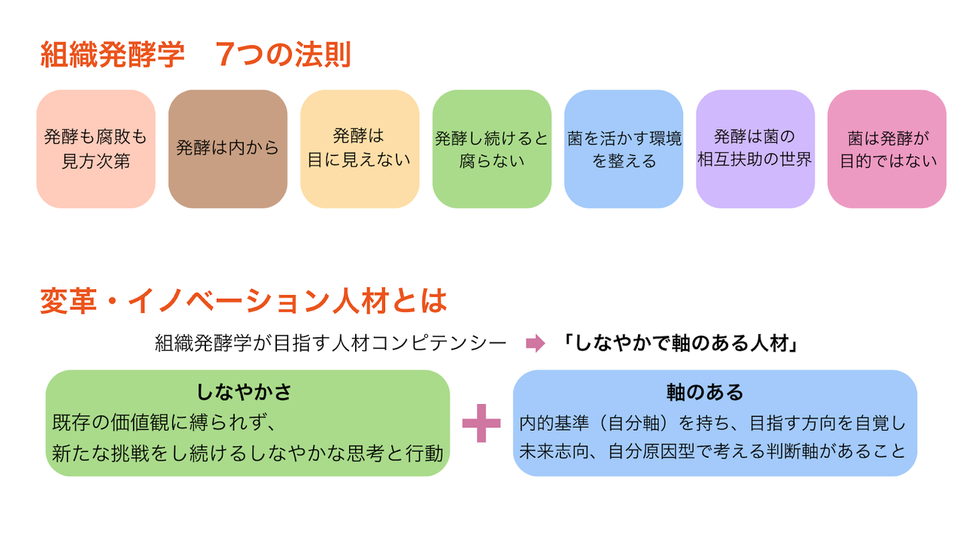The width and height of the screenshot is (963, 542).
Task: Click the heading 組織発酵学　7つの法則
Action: tap(195, 55)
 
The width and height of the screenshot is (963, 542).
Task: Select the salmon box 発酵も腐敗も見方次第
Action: tap(96, 149)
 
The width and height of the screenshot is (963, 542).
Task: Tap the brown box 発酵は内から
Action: tap(227, 149)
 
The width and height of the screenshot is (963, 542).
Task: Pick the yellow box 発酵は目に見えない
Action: tap(359, 149)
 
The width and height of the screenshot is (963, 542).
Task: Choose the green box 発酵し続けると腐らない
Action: tap(492, 149)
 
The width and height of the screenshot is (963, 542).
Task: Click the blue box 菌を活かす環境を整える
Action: tap(623, 149)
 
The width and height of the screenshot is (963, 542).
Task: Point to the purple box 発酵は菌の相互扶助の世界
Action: tap(755, 149)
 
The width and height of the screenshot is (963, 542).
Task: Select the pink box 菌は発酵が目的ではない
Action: tap(887, 149)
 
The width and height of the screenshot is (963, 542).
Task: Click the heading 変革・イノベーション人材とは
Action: tap(243, 302)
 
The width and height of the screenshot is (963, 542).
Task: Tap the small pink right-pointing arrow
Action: tap(536, 344)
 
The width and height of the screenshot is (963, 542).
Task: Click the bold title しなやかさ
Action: tap(245, 391)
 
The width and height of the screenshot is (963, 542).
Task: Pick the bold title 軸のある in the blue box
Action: tap(714, 391)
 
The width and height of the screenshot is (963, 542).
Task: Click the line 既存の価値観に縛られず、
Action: tap(163, 423)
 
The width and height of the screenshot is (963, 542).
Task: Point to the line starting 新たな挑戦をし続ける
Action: tap(247, 454)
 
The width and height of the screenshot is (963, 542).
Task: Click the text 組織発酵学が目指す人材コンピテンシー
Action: tap(330, 344)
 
